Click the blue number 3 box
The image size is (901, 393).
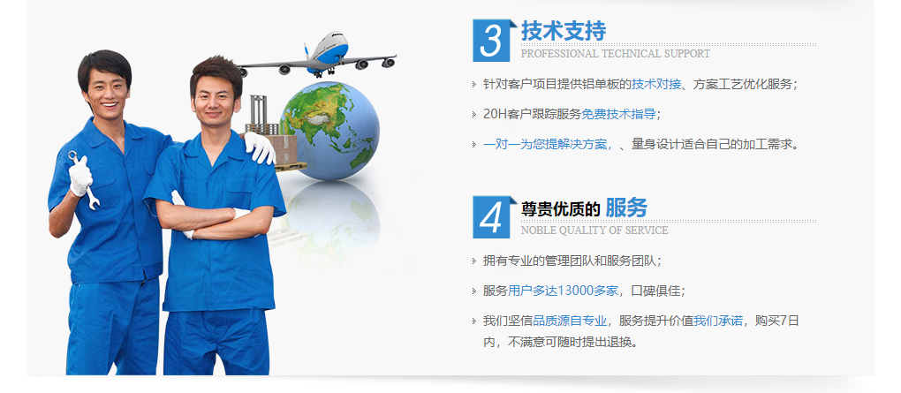(491, 41)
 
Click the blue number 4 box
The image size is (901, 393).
(491, 216)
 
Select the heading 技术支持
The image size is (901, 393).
(564, 31)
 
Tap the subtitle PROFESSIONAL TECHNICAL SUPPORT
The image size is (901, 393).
(615, 54)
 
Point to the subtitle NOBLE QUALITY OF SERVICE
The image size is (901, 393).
(594, 230)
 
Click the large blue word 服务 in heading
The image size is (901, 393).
(625, 208)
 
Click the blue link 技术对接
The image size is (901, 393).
(656, 84)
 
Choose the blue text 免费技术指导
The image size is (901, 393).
(618, 114)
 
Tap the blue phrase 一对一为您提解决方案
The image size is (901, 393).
(547, 144)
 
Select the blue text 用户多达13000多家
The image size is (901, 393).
(563, 291)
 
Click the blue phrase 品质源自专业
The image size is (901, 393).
(570, 321)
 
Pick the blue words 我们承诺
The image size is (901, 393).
(717, 321)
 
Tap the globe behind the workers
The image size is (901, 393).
(329, 130)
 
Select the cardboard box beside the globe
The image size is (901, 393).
(285, 149)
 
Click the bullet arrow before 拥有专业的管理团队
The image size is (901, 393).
(474, 261)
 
